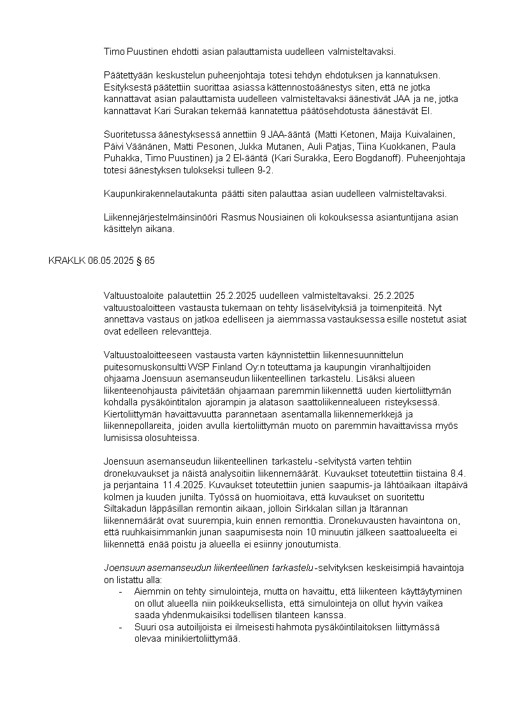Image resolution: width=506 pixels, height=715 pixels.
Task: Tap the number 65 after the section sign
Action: pos(150,261)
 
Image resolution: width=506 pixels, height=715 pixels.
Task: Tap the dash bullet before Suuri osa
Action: pos(121,627)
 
